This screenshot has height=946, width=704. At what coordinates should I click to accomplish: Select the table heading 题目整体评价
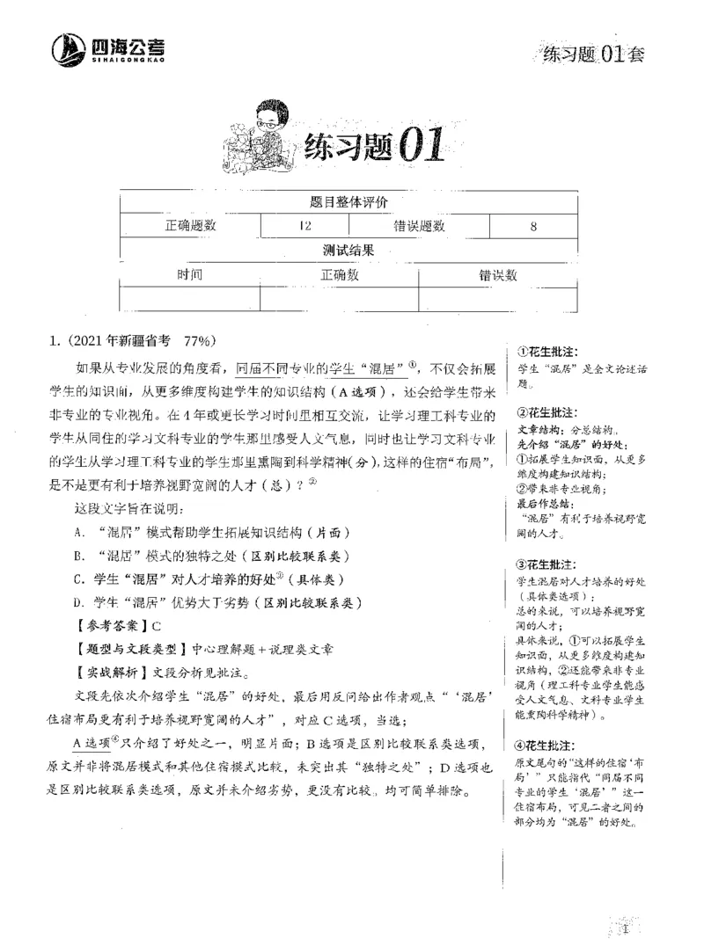point(349,202)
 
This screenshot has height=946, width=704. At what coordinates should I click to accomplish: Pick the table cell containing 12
point(304,226)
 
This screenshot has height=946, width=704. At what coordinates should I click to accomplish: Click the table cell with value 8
point(533,226)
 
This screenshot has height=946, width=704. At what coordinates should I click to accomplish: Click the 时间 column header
point(189,274)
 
